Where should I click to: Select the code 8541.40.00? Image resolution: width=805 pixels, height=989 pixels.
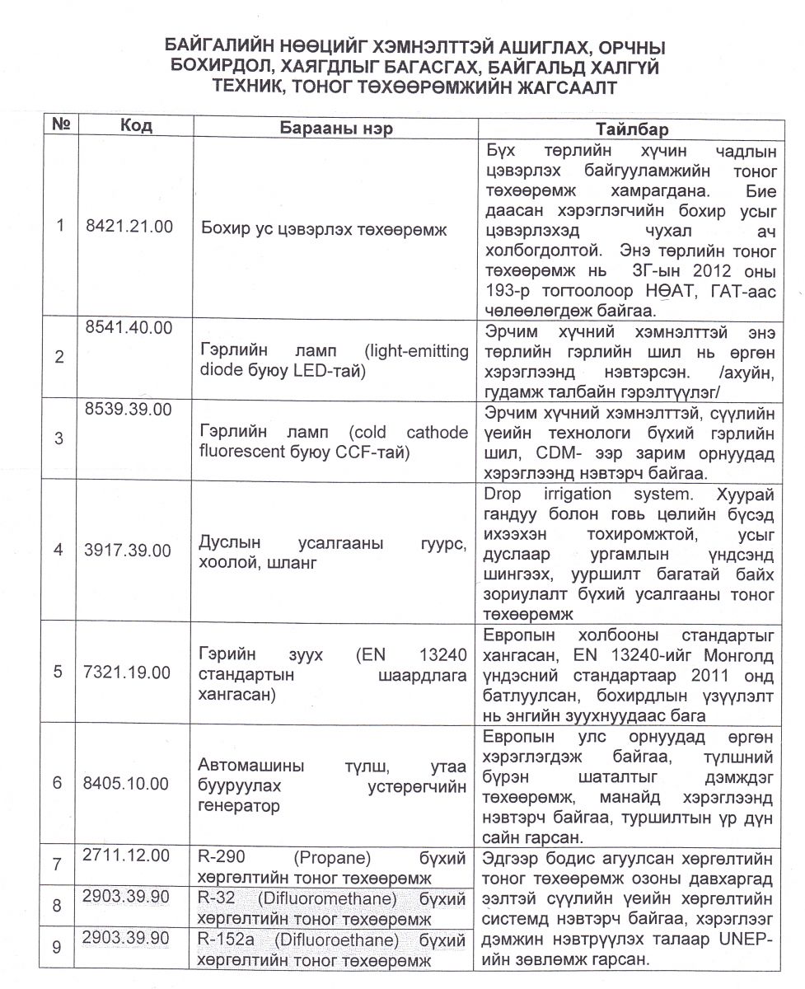click(129, 327)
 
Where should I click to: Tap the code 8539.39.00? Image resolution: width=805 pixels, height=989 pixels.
click(129, 409)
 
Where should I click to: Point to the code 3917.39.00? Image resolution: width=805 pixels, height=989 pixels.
click(129, 551)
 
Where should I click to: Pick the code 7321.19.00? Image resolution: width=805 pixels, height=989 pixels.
click(129, 673)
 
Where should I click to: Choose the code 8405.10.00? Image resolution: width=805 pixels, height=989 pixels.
click(129, 783)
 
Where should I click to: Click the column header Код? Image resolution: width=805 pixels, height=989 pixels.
click(135, 126)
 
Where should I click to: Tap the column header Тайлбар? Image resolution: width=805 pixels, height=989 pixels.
click(632, 129)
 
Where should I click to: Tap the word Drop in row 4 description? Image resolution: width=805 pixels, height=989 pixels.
click(503, 494)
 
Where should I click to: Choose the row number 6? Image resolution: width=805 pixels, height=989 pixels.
click(58, 783)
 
